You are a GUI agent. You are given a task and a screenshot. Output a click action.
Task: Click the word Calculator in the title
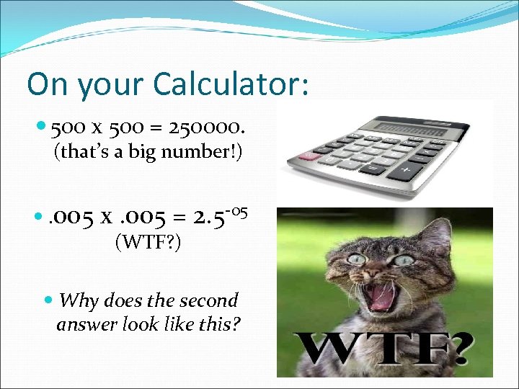point(231,85)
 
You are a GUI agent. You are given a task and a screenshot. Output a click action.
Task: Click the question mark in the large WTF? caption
point(456,352)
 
